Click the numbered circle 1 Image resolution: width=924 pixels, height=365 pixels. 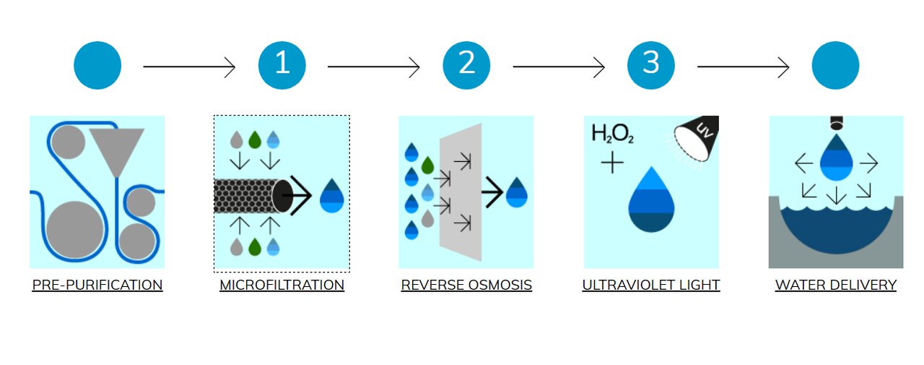point(282,66)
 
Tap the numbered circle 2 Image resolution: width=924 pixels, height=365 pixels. point(467,66)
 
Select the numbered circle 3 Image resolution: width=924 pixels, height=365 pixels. point(651,66)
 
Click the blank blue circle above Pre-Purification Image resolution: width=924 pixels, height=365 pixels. point(97,66)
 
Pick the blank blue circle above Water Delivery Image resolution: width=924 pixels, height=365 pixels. point(835,66)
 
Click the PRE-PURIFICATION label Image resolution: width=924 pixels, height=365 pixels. point(97,285)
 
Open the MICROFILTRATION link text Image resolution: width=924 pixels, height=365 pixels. point(282,285)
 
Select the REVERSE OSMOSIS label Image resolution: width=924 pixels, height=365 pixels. point(466,285)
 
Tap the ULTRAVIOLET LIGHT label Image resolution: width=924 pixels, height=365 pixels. point(651,285)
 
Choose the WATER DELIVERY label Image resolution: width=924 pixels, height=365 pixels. point(836,285)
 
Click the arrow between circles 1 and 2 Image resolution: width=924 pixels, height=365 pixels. point(374,67)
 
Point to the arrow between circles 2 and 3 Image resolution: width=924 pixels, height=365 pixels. point(559,67)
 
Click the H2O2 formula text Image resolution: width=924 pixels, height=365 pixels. point(613,134)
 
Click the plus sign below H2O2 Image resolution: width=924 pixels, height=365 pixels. point(612,163)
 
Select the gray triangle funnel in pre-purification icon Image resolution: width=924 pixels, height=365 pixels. point(117,147)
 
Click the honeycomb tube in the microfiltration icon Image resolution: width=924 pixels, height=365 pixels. point(245,196)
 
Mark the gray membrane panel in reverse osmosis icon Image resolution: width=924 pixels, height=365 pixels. point(462,192)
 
